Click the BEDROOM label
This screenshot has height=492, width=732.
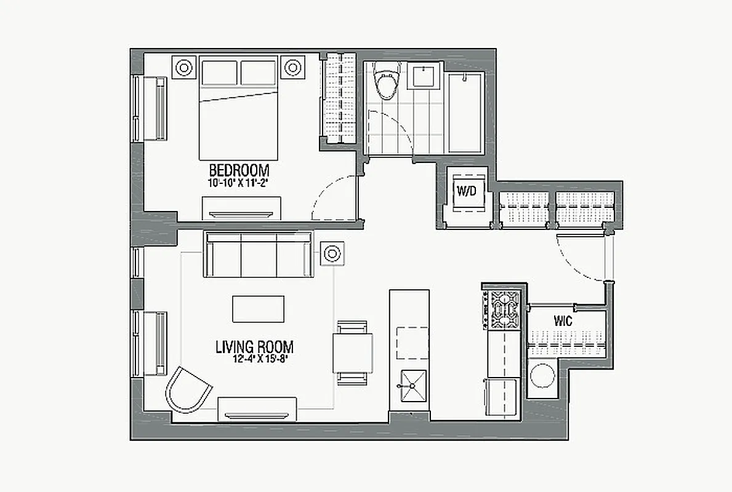[x=239, y=170]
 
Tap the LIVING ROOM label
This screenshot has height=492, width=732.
[x=254, y=347]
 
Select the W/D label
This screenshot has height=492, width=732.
[x=466, y=191]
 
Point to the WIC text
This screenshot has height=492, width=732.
[x=563, y=321]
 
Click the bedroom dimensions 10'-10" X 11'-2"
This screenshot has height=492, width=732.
[x=239, y=183]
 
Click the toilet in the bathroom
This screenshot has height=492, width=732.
[x=387, y=84]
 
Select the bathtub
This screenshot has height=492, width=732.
[x=466, y=113]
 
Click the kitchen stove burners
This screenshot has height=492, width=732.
[x=504, y=309]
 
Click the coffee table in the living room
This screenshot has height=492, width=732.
[x=258, y=309]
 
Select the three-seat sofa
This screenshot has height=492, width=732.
[x=258, y=255]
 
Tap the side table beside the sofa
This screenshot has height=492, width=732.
[x=332, y=253]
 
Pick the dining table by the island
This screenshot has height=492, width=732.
[x=353, y=352]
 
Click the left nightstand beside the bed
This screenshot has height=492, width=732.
[x=183, y=68]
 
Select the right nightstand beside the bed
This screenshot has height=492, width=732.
[x=292, y=68]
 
